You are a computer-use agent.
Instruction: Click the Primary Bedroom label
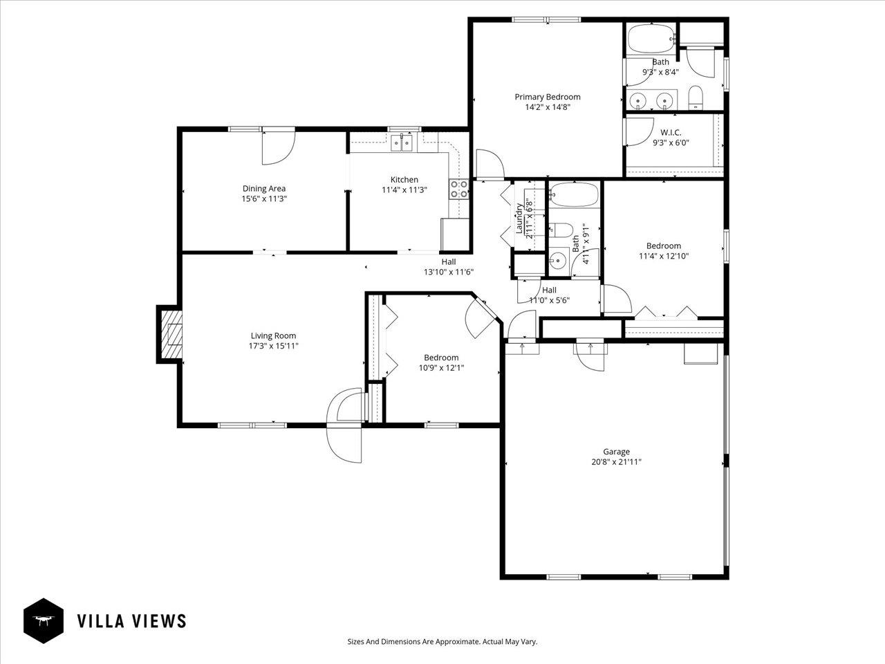tap(547, 97)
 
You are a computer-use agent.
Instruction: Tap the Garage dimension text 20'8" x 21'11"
tap(606, 462)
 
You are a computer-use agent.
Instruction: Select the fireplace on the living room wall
tap(171, 334)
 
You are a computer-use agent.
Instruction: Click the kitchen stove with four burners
tap(458, 189)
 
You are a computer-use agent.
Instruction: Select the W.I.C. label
tap(671, 132)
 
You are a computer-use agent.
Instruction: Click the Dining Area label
tap(263, 188)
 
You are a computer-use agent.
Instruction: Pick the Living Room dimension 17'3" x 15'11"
tap(273, 346)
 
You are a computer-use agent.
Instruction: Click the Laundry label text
tap(519, 218)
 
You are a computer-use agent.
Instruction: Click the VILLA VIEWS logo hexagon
tap(44, 620)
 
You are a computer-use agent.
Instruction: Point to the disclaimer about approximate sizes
tap(442, 642)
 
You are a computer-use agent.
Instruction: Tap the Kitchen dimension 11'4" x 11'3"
tap(404, 190)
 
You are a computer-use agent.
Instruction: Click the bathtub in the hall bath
tap(574, 195)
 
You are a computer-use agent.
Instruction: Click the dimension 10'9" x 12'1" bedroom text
tap(441, 368)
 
